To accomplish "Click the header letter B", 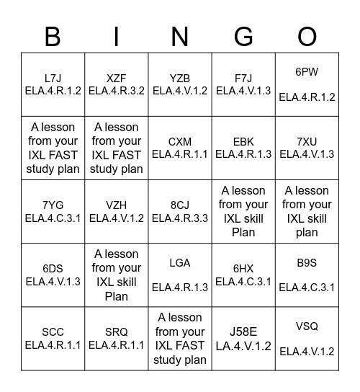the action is click(53, 36).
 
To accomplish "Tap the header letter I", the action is click(117, 36).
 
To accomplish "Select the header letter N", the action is click(180, 36).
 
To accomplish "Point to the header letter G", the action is click(243, 36).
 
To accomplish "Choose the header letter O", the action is click(307, 36).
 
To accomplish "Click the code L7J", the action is click(53, 78).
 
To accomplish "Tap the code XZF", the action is click(117, 78).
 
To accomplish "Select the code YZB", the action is click(180, 78).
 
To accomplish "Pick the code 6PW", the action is click(307, 72).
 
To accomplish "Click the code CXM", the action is click(180, 141).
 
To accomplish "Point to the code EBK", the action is click(243, 141).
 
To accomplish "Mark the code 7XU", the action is click(307, 141).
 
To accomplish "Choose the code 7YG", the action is click(53, 205).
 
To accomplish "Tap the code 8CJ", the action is click(180, 205).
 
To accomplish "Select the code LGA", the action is click(180, 263).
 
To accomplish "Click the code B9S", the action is click(307, 263).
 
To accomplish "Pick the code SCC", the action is click(53, 332).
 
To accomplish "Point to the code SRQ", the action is click(117, 332).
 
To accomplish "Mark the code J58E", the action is click(243, 332).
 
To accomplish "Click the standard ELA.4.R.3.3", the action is click(180, 218).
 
